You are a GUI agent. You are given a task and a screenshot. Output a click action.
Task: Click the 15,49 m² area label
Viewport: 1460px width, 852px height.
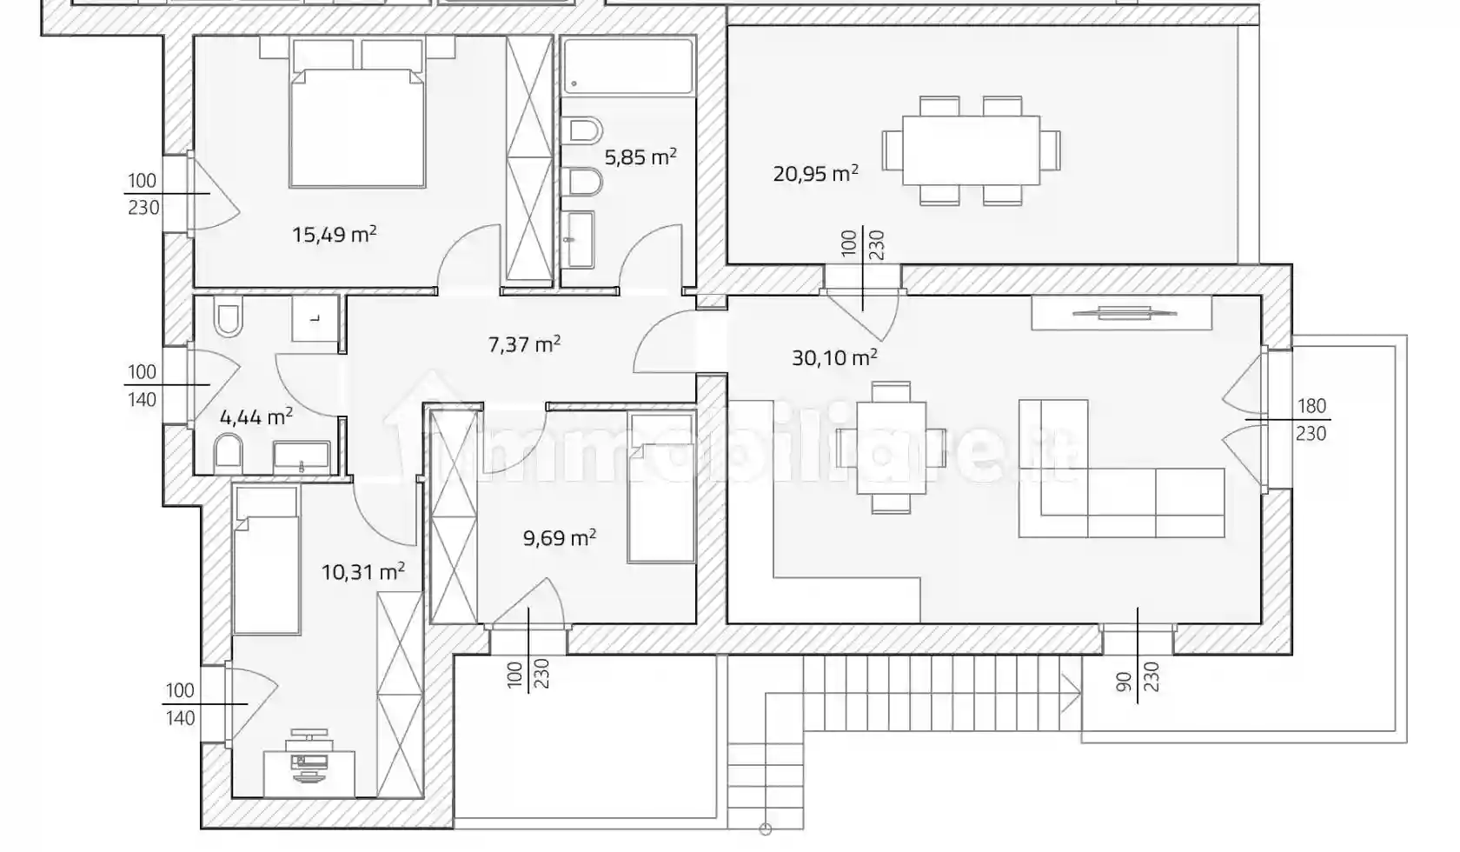tap(335, 234)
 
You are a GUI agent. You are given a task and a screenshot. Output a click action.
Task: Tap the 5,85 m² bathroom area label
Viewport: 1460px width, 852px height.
tap(640, 157)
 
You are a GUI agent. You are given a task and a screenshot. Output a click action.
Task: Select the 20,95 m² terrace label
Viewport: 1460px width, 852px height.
tap(815, 173)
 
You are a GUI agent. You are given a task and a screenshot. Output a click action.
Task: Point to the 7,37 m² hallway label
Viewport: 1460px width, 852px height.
tap(525, 343)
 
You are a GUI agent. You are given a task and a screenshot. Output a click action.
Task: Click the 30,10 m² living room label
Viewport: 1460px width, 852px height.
tap(834, 357)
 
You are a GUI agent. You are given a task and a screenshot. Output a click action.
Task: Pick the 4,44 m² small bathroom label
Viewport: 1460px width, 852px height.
tap(256, 416)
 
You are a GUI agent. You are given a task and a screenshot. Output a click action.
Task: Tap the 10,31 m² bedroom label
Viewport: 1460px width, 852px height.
tap(363, 572)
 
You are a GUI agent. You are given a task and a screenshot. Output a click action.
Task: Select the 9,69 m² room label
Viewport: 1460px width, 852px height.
tap(560, 538)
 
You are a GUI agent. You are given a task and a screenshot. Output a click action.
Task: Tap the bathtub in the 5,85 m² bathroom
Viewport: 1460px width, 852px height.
tap(627, 66)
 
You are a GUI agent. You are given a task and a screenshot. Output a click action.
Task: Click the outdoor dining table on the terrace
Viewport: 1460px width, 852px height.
tap(972, 150)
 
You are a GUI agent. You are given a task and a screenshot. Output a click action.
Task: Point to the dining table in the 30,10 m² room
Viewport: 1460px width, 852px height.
tap(891, 448)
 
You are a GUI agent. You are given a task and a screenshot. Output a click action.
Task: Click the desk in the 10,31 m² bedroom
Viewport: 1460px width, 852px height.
tap(309, 774)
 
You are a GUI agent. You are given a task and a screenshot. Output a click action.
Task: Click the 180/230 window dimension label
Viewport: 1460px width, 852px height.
tap(1311, 420)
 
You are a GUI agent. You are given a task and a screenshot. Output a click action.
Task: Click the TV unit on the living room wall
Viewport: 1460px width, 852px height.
tap(1122, 313)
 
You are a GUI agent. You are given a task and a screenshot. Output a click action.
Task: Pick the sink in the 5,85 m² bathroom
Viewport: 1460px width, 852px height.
tap(578, 239)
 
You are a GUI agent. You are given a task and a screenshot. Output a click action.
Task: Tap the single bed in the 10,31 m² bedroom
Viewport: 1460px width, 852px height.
tap(267, 559)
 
